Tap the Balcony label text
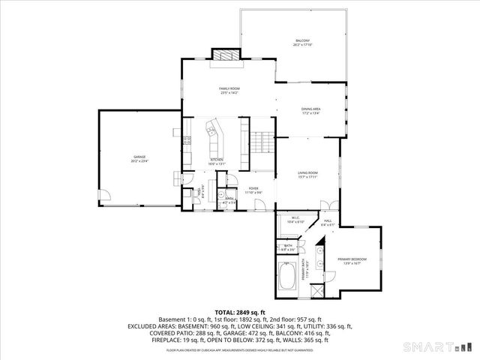(301, 42)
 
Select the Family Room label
(229, 89)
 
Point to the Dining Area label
(310, 110)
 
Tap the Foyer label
(254, 190)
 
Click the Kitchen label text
(216, 160)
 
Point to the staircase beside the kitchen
(260, 141)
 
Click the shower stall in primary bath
(319, 289)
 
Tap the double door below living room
(328, 205)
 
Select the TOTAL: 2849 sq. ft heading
(239, 312)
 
